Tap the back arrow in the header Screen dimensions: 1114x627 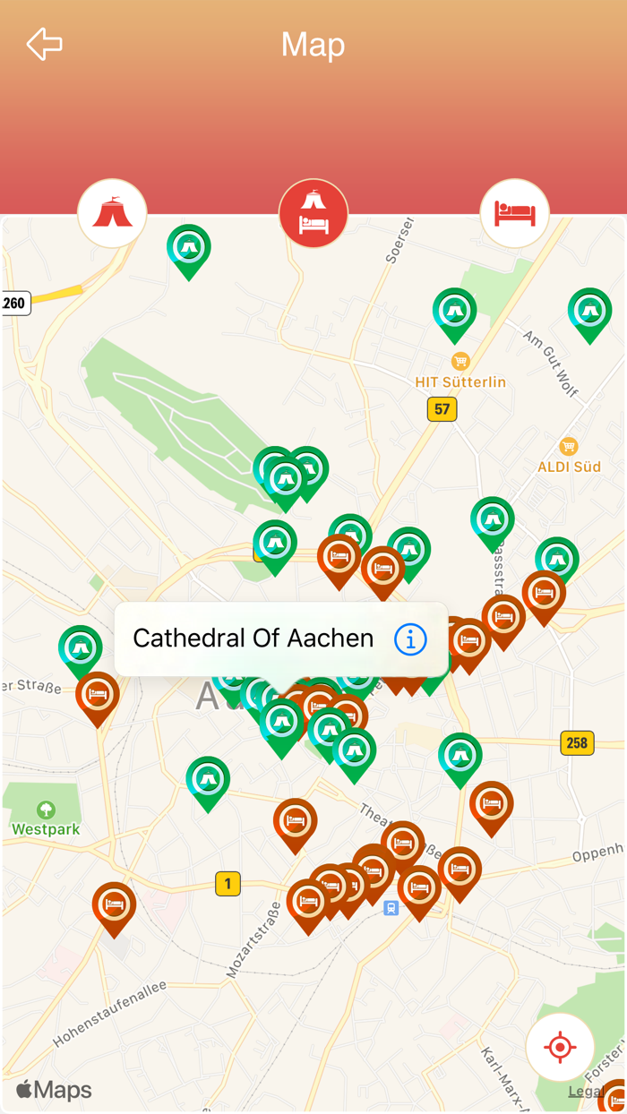[44, 44]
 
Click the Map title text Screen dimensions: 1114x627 [313, 45]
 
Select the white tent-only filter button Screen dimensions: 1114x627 [112, 213]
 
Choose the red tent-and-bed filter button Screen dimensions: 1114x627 [313, 213]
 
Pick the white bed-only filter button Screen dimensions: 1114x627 [514, 213]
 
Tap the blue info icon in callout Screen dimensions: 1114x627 [410, 639]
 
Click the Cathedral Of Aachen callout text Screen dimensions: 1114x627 [253, 638]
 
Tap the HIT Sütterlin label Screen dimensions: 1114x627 [460, 381]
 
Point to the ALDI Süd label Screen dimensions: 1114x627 [569, 467]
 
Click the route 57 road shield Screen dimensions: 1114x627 [442, 409]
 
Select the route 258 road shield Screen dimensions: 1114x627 [577, 742]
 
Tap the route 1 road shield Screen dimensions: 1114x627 [228, 884]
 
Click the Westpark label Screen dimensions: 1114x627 [46, 829]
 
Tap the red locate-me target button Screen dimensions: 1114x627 [560, 1047]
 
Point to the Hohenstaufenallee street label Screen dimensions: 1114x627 [109, 1015]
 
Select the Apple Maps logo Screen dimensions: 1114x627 [54, 1090]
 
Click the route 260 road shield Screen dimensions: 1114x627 [14, 303]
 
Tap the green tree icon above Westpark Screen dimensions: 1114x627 [46, 810]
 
